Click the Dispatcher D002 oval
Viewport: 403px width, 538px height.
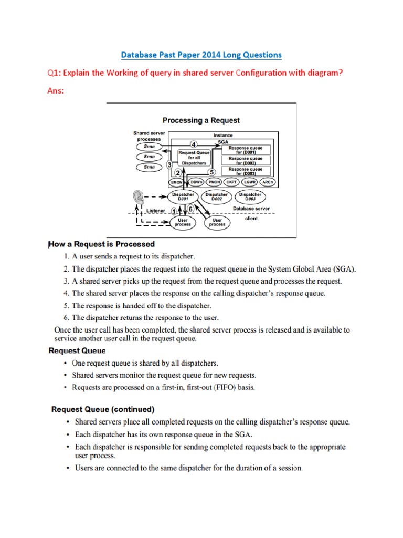click(x=217, y=196)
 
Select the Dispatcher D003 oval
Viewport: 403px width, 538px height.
click(x=250, y=196)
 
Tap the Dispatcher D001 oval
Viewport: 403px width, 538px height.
click(x=183, y=196)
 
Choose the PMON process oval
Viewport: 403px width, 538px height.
click(x=214, y=182)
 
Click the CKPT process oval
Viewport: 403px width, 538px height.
click(x=231, y=182)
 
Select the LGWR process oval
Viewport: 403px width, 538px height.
click(x=250, y=182)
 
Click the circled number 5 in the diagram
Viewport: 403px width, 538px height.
click(x=211, y=172)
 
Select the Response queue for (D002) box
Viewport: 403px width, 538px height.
click(x=246, y=160)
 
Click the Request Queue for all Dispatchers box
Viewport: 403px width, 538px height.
click(x=194, y=158)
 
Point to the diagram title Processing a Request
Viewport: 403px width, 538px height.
click(x=201, y=120)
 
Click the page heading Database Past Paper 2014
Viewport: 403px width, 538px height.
click(x=201, y=55)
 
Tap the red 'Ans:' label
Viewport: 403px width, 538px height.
click(x=57, y=90)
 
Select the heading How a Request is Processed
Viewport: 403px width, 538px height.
click(x=102, y=244)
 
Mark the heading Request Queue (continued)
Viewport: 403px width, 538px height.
click(x=102, y=408)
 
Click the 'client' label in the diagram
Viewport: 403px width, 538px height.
click(x=251, y=219)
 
